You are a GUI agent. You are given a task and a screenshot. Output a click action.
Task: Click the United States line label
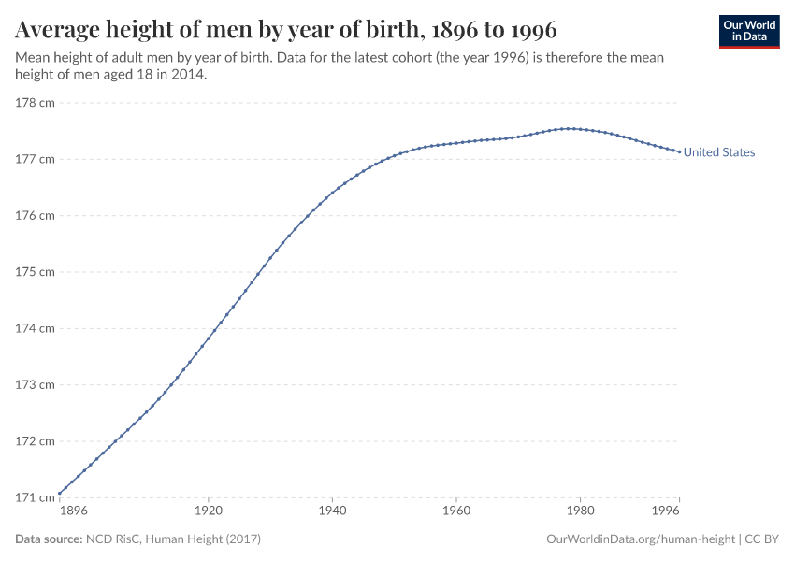coord(718,152)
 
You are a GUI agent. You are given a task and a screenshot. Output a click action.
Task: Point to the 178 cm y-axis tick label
coord(36,103)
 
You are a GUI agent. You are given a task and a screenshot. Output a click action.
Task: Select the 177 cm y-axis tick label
coord(36,159)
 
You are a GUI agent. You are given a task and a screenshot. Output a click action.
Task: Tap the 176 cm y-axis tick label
coord(36,215)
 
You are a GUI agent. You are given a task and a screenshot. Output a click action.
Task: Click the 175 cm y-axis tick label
coord(36,272)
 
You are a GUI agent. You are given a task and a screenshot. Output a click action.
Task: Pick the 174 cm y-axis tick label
coord(36,328)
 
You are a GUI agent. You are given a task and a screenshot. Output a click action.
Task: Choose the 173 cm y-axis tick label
coord(36,384)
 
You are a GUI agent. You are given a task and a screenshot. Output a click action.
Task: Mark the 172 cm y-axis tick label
coord(36,441)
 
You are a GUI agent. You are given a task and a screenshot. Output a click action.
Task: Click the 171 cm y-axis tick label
coord(36,497)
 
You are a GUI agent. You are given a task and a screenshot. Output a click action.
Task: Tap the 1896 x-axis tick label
coord(73,512)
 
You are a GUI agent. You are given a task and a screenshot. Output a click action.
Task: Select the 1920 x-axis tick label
coord(208,512)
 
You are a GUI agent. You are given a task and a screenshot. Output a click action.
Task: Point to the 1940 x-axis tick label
coord(332,512)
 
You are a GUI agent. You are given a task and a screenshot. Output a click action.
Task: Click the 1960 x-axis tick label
coord(456,512)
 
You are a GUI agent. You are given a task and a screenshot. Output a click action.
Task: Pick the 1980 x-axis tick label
coord(580,512)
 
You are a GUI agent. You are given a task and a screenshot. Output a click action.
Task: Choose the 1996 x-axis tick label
coord(666,512)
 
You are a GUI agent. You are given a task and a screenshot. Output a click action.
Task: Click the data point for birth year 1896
coord(60,493)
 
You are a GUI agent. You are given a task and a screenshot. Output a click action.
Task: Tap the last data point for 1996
coord(679,151)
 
